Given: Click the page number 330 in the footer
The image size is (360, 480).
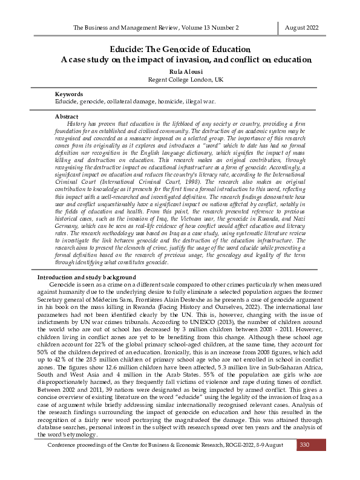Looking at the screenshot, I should point(304,444).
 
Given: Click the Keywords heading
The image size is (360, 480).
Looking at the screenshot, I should point(70,94).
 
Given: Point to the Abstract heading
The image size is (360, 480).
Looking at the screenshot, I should point(67,115).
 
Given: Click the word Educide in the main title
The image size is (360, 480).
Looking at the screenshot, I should point(129,48).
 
